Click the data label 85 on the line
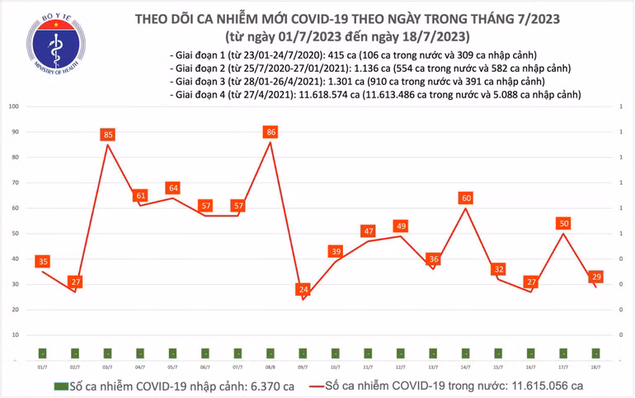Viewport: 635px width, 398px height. pos(108,134)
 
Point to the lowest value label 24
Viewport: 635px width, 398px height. pos(303,290)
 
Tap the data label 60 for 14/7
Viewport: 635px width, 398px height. pos(466,197)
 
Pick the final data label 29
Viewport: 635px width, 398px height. pos(595,277)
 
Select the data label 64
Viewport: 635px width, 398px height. pos(173,187)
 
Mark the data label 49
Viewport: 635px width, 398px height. pos(402,225)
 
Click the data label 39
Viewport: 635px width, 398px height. pos(336,251)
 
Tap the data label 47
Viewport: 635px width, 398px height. pos(369,231)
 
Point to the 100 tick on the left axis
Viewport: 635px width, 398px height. pos(14,107)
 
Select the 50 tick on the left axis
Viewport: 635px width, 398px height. pos(14,234)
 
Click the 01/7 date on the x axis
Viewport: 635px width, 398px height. pos(42,365)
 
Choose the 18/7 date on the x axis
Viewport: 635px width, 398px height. pos(596,365)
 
